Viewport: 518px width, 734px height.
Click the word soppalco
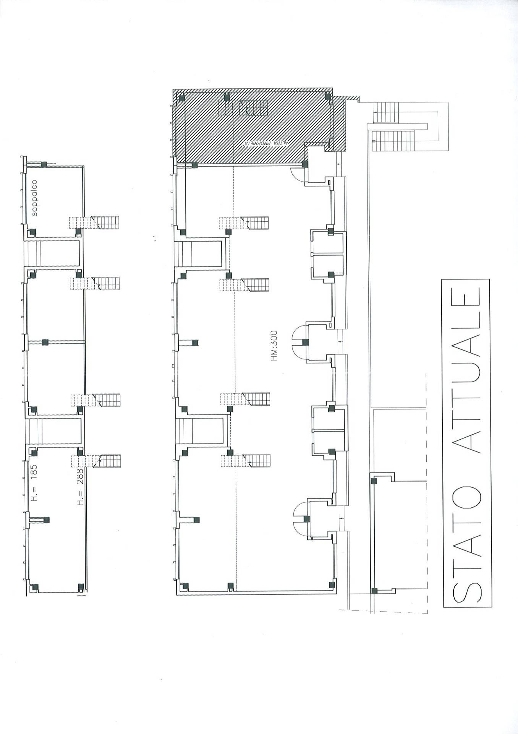coord(35,198)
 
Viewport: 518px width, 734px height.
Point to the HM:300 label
coord(274,346)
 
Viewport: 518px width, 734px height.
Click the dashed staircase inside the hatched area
coord(243,107)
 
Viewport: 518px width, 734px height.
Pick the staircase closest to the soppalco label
coord(94,222)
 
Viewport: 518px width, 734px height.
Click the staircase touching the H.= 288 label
coord(96,461)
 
